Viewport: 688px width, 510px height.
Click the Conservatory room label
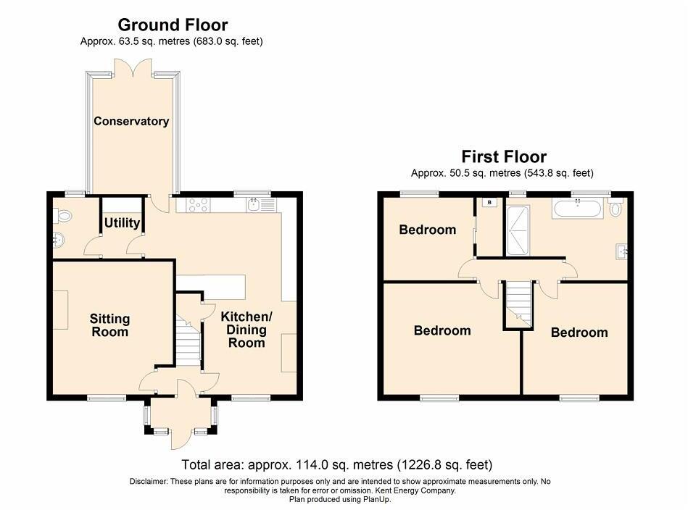(x=131, y=121)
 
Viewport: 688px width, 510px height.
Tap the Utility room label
(x=122, y=222)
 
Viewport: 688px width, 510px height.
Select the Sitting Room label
(x=110, y=325)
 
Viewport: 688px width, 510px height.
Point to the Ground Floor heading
(x=173, y=26)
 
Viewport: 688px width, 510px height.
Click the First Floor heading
(x=504, y=156)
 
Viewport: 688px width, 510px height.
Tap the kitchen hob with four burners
(x=197, y=205)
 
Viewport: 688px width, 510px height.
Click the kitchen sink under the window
(x=254, y=205)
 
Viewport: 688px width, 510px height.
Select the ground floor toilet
(x=62, y=215)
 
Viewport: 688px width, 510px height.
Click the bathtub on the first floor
(x=576, y=210)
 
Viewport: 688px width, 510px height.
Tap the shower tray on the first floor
(x=518, y=230)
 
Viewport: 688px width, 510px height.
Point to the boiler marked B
(x=489, y=202)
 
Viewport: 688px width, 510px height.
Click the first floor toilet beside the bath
(x=616, y=209)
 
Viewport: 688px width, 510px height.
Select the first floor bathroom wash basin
(x=621, y=252)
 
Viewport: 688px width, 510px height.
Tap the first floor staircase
(x=518, y=303)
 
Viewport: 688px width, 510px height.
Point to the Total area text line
(x=336, y=464)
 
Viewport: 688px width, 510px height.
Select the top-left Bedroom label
(x=428, y=230)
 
